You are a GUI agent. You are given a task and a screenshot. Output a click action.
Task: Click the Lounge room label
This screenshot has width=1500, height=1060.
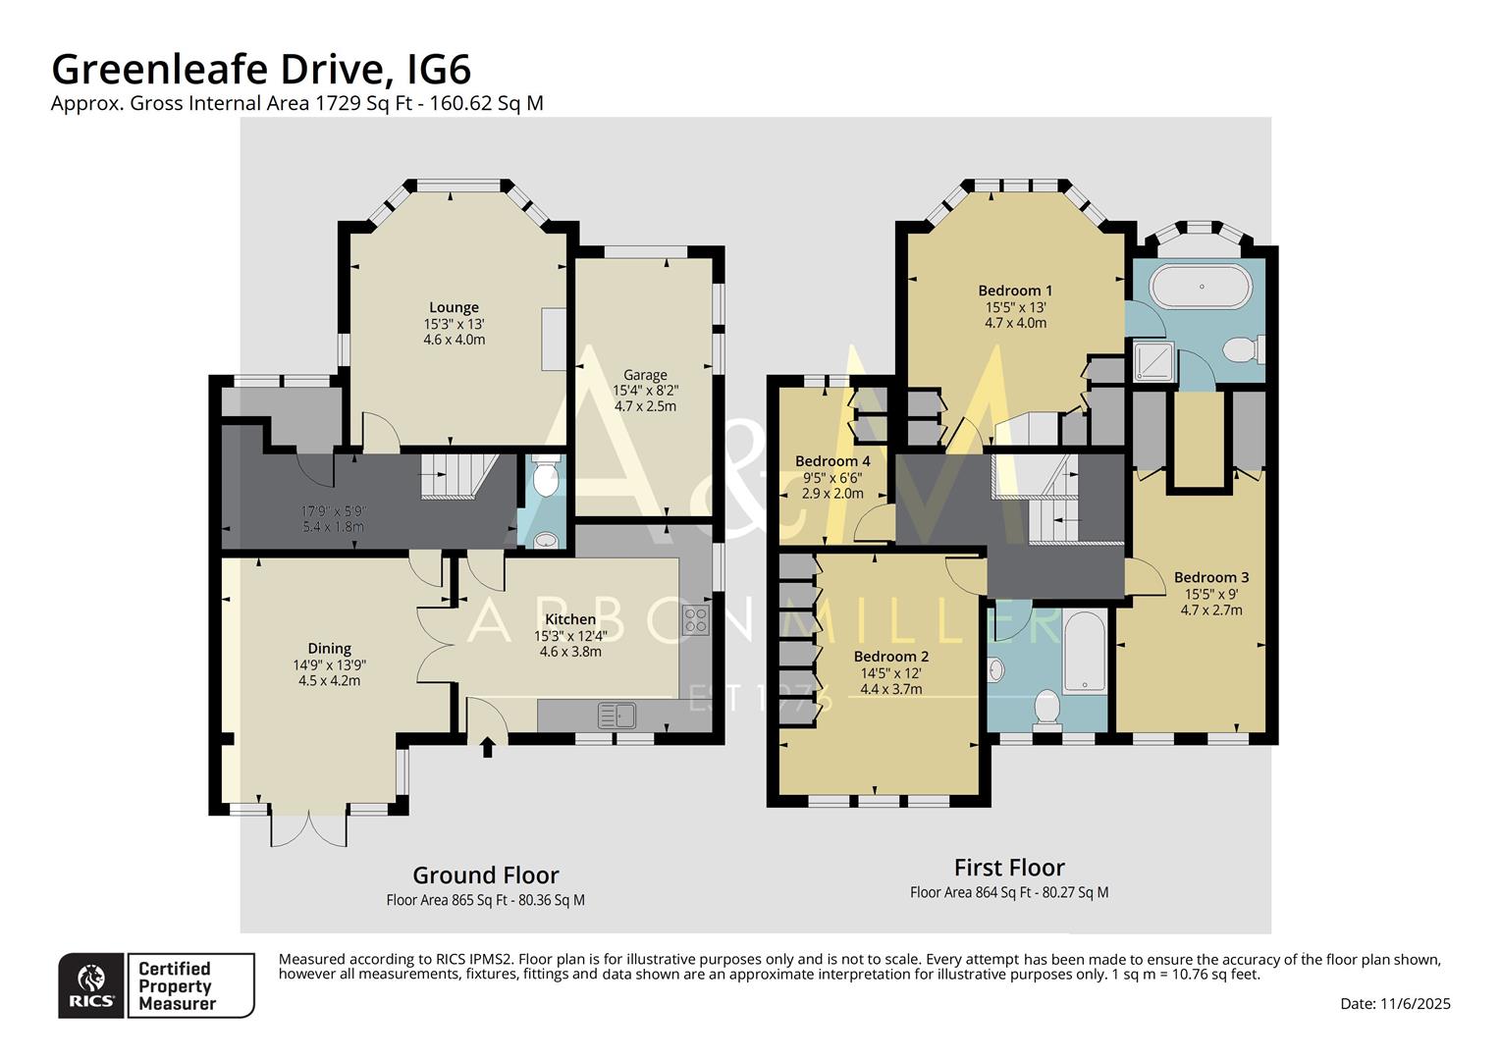(454, 307)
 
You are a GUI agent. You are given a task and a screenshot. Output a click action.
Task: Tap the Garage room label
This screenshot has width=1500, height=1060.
(645, 374)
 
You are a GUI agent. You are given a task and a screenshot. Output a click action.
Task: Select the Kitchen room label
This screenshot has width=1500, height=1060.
(570, 619)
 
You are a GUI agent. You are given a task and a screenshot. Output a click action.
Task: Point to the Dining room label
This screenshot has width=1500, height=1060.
(329, 648)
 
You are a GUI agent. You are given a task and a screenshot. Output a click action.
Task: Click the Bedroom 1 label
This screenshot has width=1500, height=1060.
(1015, 291)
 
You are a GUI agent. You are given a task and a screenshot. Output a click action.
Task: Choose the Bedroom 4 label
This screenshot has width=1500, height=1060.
(832, 461)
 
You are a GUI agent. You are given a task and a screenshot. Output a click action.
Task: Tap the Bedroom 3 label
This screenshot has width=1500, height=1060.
(1211, 577)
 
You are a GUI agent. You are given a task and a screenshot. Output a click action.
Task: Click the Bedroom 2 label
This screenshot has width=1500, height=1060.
(890, 657)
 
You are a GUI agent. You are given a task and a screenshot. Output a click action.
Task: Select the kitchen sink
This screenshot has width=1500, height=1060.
(616, 715)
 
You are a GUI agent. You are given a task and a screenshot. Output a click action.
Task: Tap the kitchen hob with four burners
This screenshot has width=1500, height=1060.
(696, 619)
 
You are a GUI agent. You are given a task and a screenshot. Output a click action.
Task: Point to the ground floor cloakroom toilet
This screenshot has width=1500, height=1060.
(545, 478)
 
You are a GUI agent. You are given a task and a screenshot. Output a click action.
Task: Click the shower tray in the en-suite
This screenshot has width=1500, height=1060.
(1152, 361)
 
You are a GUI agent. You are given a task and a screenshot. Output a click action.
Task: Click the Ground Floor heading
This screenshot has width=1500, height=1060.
(485, 874)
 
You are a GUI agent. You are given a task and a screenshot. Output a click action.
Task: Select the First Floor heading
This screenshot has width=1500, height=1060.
(1009, 868)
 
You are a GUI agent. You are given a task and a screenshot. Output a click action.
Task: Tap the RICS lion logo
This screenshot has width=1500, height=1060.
(91, 983)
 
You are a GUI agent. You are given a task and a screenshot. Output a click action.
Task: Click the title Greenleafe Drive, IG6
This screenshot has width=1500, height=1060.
(261, 70)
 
